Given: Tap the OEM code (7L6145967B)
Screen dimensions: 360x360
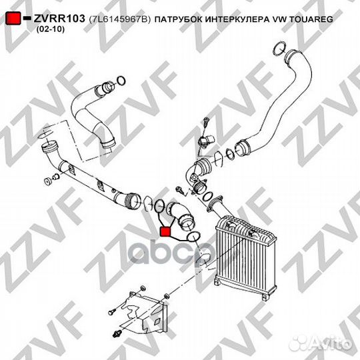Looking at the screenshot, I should click(119, 21).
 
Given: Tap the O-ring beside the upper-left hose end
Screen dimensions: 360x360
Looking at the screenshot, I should click(121, 81).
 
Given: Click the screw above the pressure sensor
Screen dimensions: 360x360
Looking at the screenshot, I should click(206, 122).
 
